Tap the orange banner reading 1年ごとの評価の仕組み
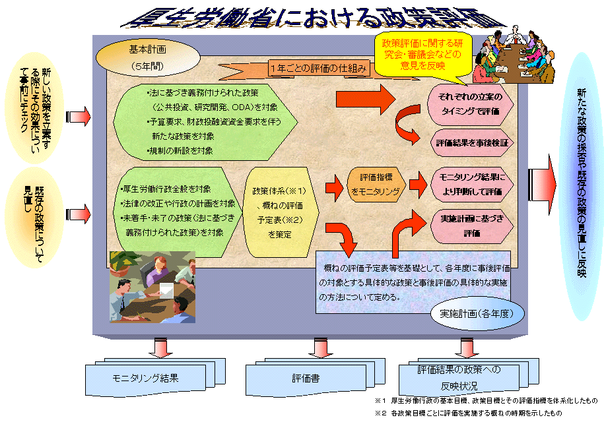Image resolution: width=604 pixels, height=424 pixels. pyautogui.click(x=318, y=69)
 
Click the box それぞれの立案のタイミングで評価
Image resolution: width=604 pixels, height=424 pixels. pyautogui.click(x=470, y=104)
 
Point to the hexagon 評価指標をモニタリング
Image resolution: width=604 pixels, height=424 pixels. pyautogui.click(x=374, y=184)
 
